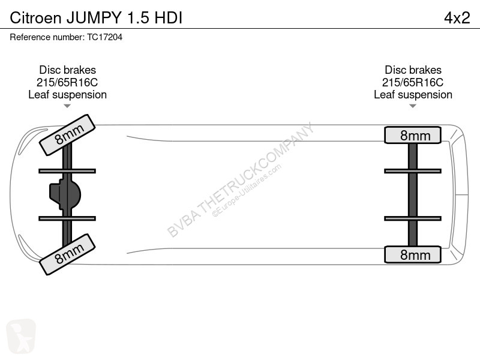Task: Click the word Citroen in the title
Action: [x=35, y=18]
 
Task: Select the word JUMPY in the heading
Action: [x=94, y=18]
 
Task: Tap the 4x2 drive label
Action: [x=457, y=18]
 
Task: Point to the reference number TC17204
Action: [x=104, y=37]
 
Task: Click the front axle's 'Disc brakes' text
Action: [x=67, y=70]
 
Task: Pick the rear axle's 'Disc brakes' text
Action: [x=413, y=70]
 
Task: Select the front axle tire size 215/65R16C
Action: [x=67, y=82]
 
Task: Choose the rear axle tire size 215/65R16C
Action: [x=413, y=82]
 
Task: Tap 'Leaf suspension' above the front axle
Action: [x=67, y=95]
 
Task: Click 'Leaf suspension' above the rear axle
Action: [x=413, y=95]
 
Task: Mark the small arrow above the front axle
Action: [x=67, y=106]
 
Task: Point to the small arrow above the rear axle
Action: [x=413, y=106]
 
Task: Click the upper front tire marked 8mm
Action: [x=67, y=135]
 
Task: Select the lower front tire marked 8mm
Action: [x=67, y=254]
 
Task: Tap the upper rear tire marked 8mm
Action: [x=413, y=135]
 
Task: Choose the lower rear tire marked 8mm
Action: [x=413, y=254]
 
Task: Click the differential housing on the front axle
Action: [x=65, y=194]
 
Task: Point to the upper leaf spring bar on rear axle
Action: [x=413, y=171]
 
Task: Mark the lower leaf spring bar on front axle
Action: [x=67, y=218]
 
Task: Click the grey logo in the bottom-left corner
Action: [x=21, y=337]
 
